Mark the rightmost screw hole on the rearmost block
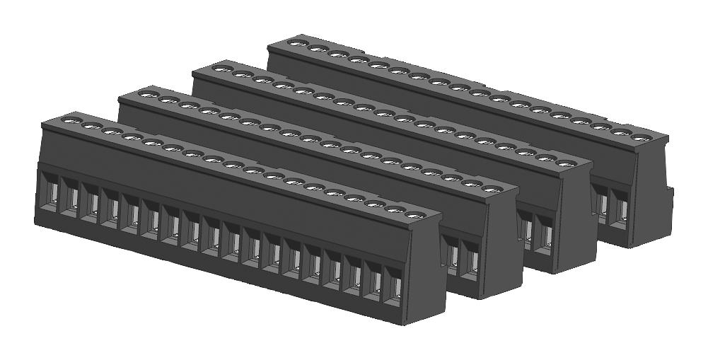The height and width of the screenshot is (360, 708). point(640,137)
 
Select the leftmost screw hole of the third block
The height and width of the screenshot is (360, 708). point(221,69)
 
